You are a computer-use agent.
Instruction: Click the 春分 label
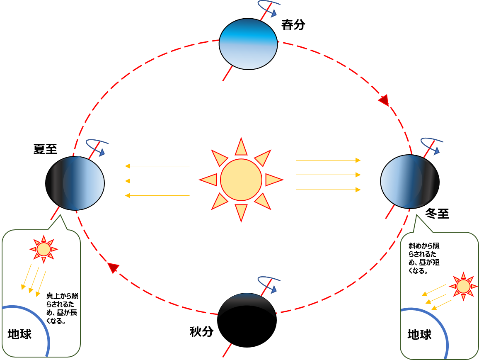(x=293, y=24)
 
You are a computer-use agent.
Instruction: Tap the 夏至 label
(x=45, y=149)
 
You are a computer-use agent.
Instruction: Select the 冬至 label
(x=437, y=213)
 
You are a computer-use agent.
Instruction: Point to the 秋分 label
(x=201, y=331)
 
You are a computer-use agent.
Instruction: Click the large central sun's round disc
(x=241, y=180)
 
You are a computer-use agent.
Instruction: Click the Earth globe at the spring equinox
(x=248, y=44)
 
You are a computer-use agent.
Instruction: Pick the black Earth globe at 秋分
(x=247, y=320)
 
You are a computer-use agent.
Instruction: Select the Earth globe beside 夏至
(x=75, y=183)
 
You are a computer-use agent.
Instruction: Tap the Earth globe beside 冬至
(x=410, y=182)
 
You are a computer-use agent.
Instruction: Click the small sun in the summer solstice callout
(x=44, y=249)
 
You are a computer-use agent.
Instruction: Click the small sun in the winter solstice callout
(x=463, y=287)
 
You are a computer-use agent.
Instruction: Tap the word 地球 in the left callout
(x=19, y=334)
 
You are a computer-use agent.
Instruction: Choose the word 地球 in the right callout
(x=419, y=335)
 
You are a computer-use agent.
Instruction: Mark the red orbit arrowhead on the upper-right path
(x=384, y=100)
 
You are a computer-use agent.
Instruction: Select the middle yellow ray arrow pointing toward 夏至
(x=157, y=181)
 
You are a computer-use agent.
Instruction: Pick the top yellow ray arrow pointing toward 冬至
(x=328, y=160)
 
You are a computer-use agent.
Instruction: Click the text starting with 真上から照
(x=62, y=308)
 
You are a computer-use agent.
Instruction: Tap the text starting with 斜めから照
(x=424, y=258)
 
